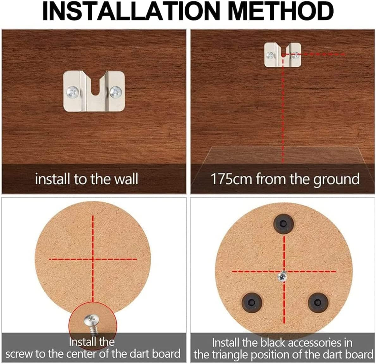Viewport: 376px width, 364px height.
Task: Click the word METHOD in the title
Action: point(280,11)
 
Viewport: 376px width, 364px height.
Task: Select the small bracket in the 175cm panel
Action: point(282,55)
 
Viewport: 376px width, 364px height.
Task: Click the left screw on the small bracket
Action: point(270,55)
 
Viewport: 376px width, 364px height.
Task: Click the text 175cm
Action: point(231,179)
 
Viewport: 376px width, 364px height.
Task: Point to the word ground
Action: point(336,179)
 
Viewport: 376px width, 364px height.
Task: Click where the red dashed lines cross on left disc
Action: point(93,259)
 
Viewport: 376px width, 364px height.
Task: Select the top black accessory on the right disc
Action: point(283,224)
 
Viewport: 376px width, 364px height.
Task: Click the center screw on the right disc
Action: point(283,277)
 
